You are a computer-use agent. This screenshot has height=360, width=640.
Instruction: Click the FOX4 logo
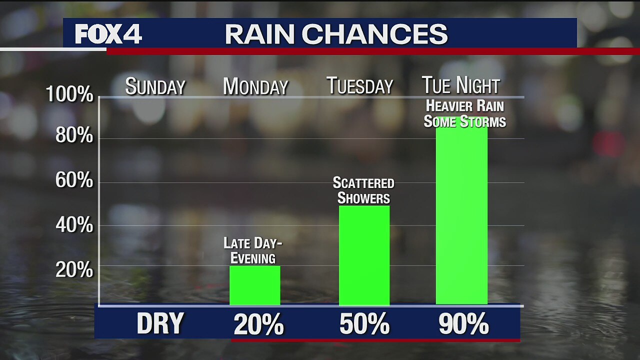pyautogui.click(x=108, y=34)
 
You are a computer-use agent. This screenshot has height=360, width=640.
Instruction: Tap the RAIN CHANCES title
pyautogui.click(x=336, y=34)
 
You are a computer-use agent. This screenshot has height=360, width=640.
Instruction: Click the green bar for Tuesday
pyautogui.click(x=364, y=255)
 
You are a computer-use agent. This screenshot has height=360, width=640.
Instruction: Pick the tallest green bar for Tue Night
pyautogui.click(x=461, y=215)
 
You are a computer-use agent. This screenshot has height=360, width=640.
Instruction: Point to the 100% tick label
pyautogui.click(x=69, y=94)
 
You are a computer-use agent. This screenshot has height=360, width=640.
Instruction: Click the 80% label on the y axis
pyautogui.click(x=74, y=135)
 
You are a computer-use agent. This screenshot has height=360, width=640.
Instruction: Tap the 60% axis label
pyautogui.click(x=74, y=180)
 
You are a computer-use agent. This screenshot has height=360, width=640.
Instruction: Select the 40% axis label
pyautogui.click(x=74, y=225)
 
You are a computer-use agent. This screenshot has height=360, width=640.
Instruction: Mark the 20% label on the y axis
pyautogui.click(x=74, y=270)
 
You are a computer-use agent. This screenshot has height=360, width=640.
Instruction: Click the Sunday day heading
pyautogui.click(x=155, y=87)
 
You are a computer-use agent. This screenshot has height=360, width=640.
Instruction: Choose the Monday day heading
pyautogui.click(x=255, y=87)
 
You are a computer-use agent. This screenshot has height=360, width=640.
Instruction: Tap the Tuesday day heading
pyautogui.click(x=360, y=86)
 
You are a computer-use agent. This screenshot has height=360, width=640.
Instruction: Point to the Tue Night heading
pyautogui.click(x=460, y=85)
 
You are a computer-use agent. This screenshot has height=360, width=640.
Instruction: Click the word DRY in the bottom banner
pyautogui.click(x=160, y=324)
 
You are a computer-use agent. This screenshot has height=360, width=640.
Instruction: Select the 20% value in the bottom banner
pyautogui.click(x=258, y=325)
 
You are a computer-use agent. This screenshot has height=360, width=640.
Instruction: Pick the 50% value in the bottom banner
pyautogui.click(x=364, y=325)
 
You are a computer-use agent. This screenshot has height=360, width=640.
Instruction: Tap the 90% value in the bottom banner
pyautogui.click(x=463, y=325)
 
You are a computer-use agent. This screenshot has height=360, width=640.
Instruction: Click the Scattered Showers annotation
pyautogui.click(x=363, y=190)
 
